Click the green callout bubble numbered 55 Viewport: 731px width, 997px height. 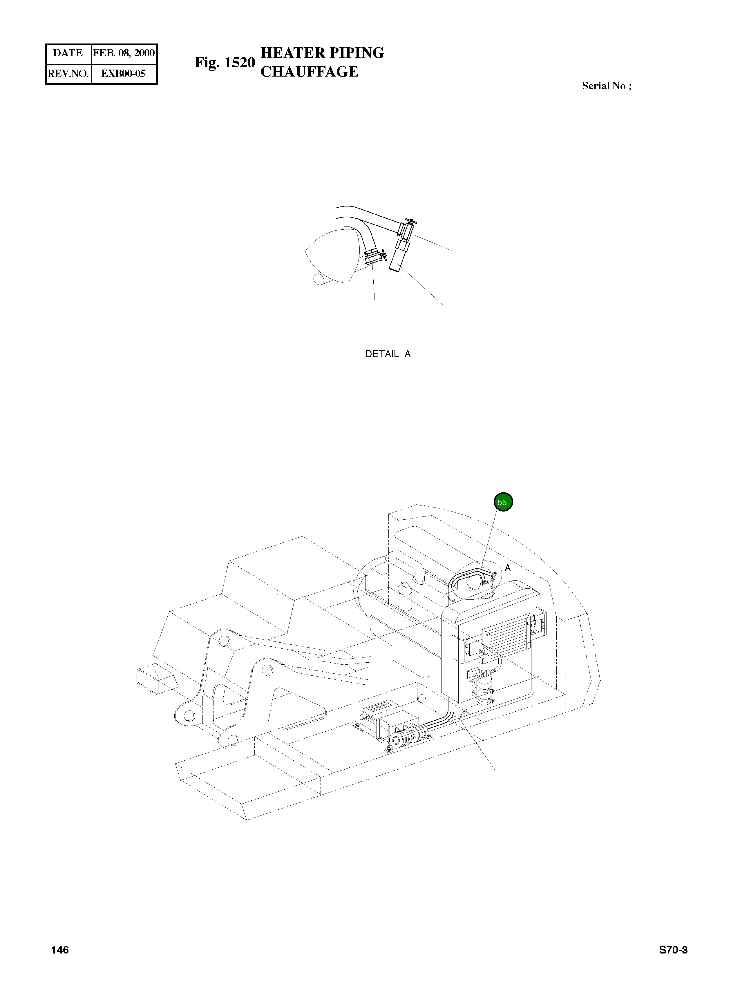point(503,503)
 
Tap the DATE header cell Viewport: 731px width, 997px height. point(68,53)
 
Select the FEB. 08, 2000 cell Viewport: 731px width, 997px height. point(124,53)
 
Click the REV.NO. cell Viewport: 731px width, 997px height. point(68,73)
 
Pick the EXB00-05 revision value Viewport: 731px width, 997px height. point(124,73)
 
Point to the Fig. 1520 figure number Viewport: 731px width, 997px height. point(225,63)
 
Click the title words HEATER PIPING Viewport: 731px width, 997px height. point(322,53)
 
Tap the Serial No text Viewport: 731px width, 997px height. point(606,86)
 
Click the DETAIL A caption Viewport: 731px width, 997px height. point(388,354)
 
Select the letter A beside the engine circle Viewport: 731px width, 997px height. point(508,568)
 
